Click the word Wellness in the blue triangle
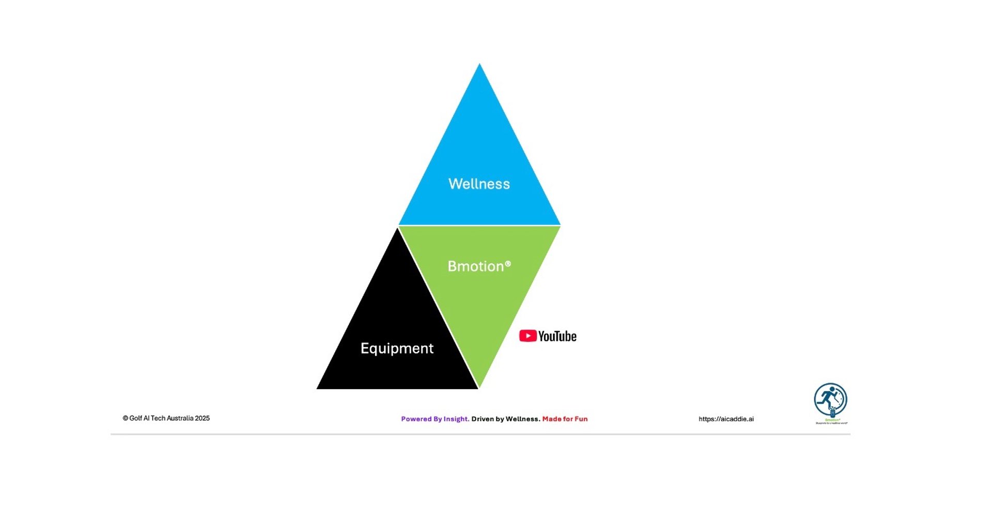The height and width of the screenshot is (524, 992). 479,184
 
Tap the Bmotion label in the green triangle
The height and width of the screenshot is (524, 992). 475,266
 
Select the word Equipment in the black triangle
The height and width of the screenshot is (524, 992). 397,348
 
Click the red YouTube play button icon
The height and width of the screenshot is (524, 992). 528,336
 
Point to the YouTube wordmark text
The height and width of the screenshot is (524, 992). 557,337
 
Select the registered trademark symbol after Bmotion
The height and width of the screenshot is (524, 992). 508,264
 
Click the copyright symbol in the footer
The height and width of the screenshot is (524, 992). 125,418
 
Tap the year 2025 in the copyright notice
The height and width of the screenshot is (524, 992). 202,418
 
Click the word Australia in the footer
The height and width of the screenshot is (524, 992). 180,418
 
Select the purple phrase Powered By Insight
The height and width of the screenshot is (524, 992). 435,419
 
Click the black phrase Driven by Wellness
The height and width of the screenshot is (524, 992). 506,419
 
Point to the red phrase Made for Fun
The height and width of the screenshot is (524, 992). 565,419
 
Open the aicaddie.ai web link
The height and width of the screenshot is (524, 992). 726,419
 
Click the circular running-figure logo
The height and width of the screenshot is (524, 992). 830,399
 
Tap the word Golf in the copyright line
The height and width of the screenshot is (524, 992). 135,418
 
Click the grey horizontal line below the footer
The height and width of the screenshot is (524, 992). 481,434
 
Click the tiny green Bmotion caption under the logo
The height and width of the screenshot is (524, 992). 832,420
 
